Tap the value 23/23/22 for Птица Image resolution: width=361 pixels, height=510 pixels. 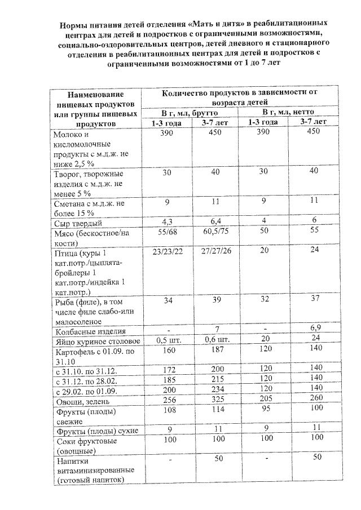click(x=167, y=251)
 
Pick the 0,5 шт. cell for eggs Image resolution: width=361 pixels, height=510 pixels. click(x=166, y=341)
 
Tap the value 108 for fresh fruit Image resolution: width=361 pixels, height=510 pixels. click(x=166, y=410)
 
